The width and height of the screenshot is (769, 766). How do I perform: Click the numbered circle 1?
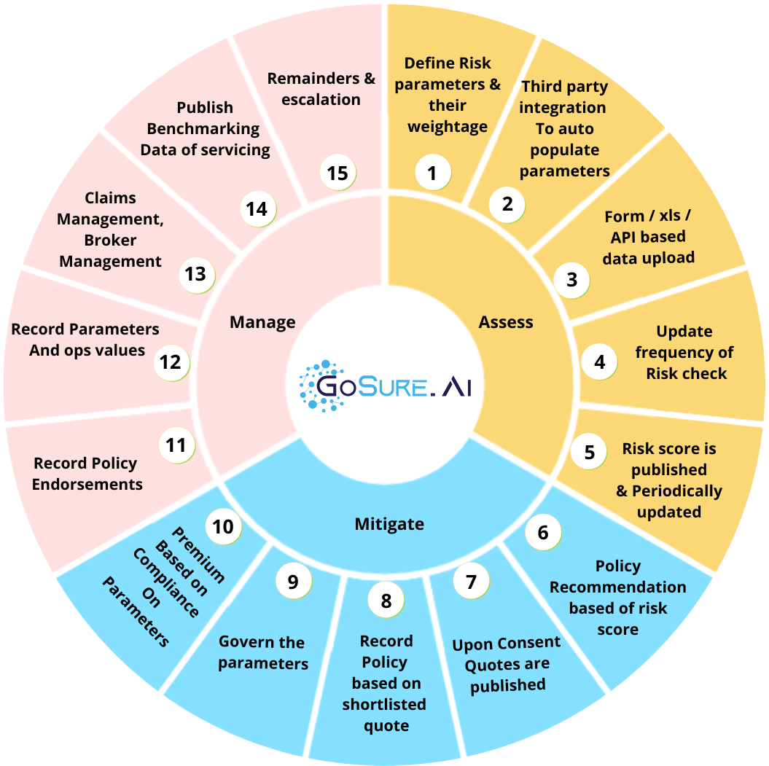432,173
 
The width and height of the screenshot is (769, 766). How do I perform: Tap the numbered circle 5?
588,452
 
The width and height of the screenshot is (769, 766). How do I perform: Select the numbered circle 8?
386,600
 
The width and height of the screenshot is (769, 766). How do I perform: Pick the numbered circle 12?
171,362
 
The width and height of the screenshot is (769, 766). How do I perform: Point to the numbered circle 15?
338,173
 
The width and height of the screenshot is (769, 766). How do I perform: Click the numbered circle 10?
223,525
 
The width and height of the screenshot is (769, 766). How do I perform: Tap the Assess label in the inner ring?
506,322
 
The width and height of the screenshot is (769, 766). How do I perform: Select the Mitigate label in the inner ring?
389,523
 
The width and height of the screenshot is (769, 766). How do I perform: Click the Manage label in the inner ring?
262,322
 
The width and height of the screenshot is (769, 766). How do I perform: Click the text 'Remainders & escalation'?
321,88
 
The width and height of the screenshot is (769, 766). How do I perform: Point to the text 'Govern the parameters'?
263,653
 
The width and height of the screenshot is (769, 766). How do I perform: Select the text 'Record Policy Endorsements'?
87,474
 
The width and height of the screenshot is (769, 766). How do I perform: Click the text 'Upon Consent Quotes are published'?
507,664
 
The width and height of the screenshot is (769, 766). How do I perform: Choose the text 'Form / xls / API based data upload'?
648,237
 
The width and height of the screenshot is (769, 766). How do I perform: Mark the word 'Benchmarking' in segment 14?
203,129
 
